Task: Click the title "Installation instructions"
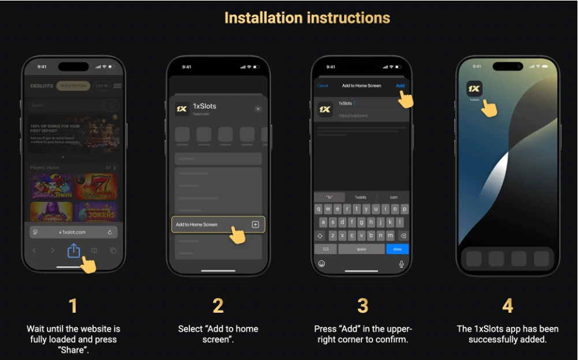click(307, 18)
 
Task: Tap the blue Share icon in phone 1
click(73, 250)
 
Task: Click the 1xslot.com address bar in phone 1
click(73, 232)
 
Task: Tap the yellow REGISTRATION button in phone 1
click(73, 86)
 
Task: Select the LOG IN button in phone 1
click(102, 86)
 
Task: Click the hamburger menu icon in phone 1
click(118, 86)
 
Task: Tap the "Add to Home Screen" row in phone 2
click(218, 224)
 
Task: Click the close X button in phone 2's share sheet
click(258, 108)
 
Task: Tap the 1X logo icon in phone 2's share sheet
click(182, 108)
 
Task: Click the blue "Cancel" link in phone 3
click(323, 85)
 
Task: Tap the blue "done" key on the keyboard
click(397, 249)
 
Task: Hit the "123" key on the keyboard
click(326, 249)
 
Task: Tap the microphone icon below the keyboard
click(401, 264)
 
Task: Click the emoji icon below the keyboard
click(322, 264)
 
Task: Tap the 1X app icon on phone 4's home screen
click(474, 88)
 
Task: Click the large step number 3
click(363, 305)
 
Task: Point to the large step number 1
click(73, 305)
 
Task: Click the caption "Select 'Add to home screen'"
click(218, 334)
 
